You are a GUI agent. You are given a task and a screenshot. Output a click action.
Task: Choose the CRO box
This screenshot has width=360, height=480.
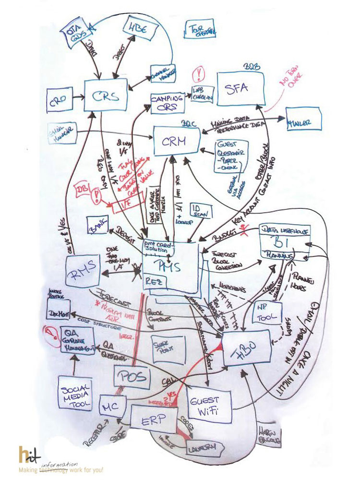(x=59, y=99)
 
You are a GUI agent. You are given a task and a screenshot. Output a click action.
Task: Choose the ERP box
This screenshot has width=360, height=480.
(x=154, y=418)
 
